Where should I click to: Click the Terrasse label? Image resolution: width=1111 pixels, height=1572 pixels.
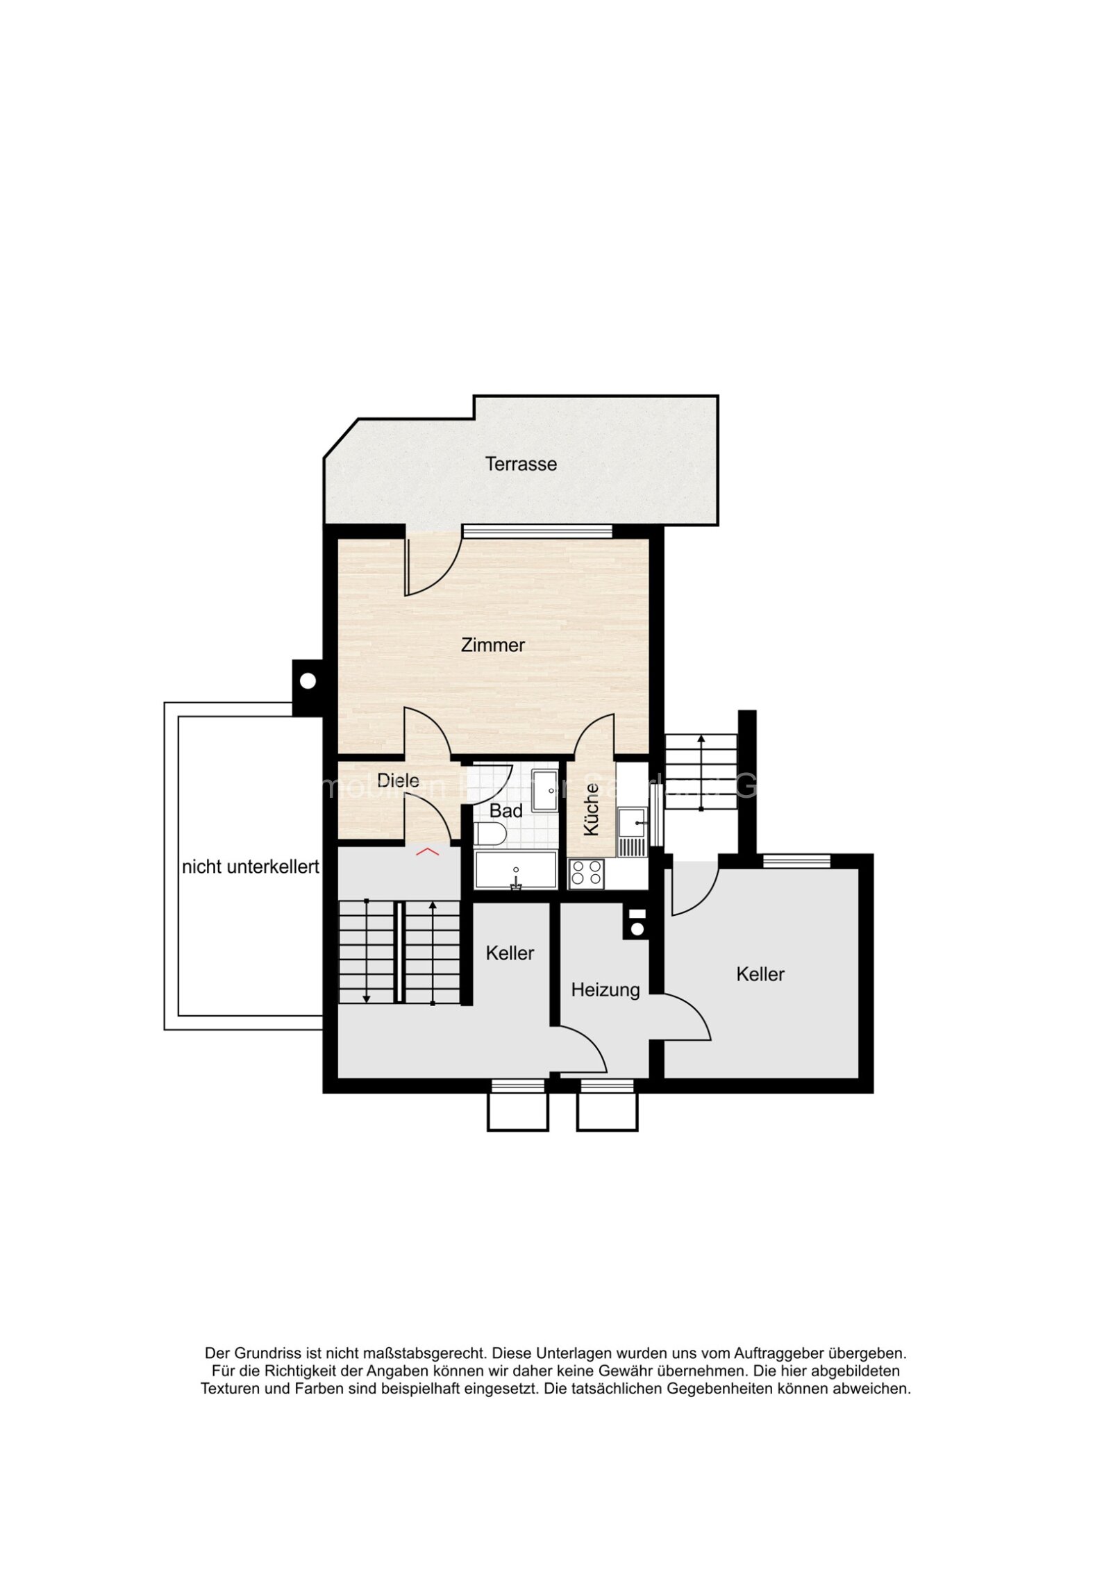click(x=520, y=464)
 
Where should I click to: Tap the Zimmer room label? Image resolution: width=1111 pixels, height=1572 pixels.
click(x=492, y=645)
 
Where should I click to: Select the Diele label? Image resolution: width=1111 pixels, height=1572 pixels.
click(x=398, y=780)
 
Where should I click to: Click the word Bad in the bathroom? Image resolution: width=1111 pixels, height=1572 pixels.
click(x=506, y=810)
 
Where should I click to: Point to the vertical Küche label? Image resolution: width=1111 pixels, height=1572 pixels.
click(x=591, y=810)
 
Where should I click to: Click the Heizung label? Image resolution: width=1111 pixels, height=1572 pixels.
click(x=605, y=989)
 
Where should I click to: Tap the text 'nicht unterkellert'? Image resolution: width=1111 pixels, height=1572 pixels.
click(x=250, y=867)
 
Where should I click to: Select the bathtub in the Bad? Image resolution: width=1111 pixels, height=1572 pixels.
click(x=515, y=870)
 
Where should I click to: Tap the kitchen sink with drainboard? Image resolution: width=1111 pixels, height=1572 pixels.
click(x=632, y=831)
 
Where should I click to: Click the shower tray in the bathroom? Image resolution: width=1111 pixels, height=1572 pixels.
click(x=546, y=789)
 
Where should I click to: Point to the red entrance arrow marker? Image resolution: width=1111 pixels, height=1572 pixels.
click(x=427, y=851)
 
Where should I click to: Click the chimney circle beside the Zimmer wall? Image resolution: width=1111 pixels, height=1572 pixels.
click(x=308, y=681)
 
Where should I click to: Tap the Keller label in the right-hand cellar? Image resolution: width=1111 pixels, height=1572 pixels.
click(x=760, y=974)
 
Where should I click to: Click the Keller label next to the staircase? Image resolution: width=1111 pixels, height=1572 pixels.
click(x=510, y=953)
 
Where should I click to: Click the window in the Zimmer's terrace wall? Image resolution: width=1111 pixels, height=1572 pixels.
click(x=537, y=531)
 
